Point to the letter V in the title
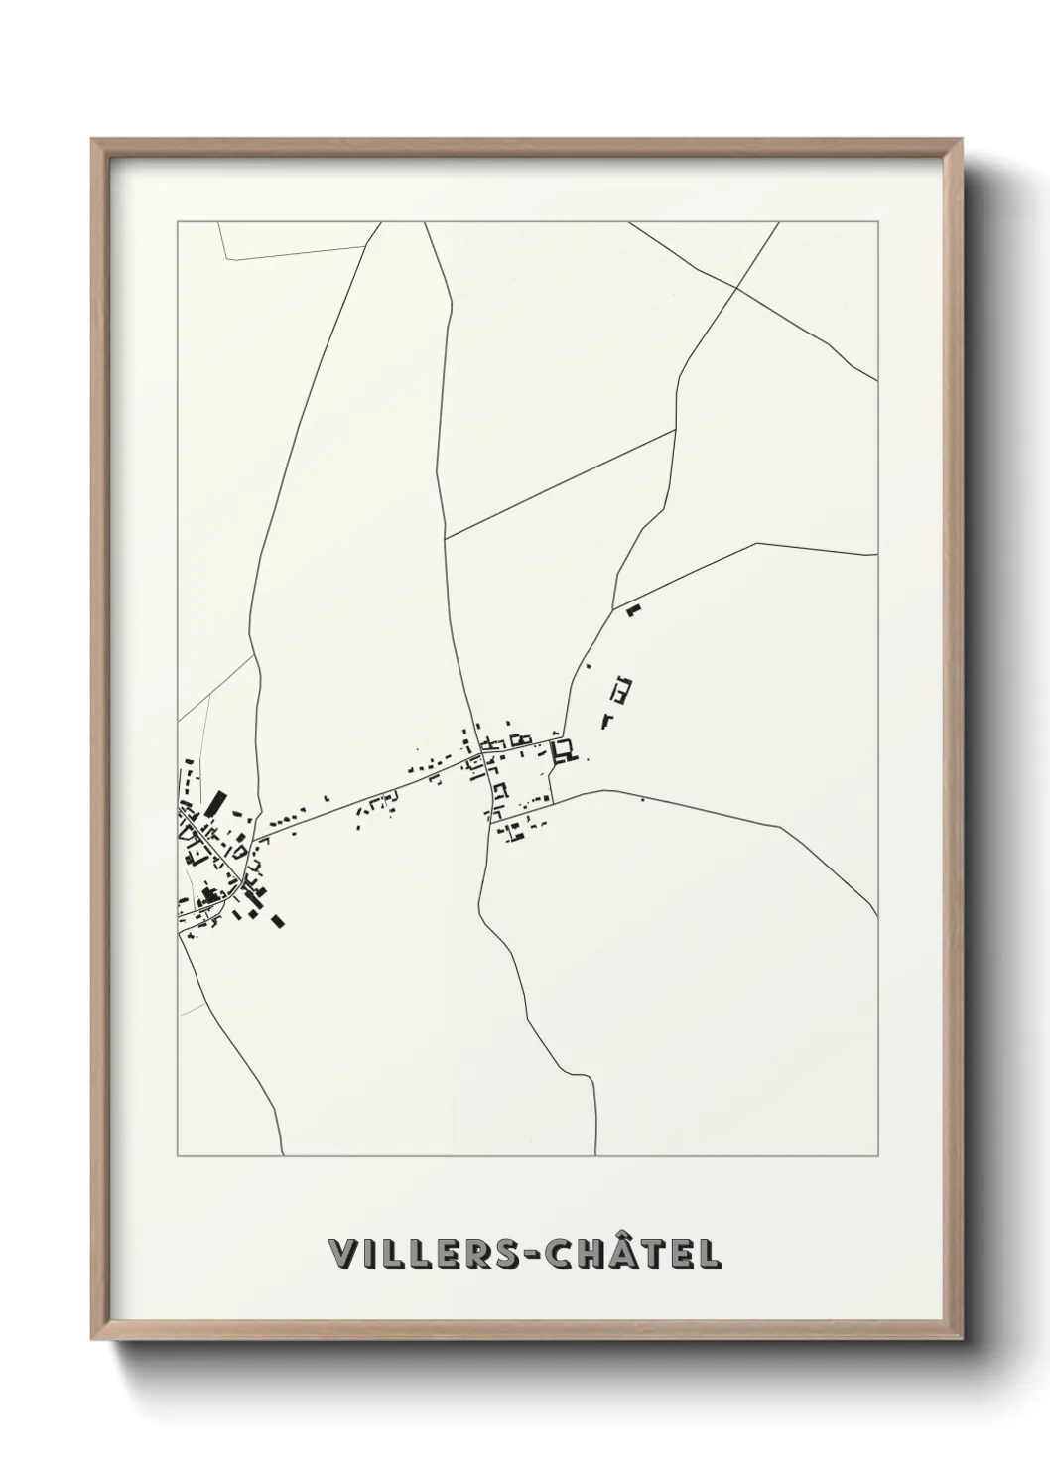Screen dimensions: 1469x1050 pyautogui.click(x=342, y=1254)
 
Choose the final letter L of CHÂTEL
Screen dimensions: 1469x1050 pyautogui.click(x=711, y=1254)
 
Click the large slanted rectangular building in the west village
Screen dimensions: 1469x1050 pyautogui.click(x=213, y=803)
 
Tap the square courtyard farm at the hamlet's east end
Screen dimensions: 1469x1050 pyautogui.click(x=565, y=750)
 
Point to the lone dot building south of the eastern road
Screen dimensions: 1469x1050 pyautogui.click(x=642, y=799)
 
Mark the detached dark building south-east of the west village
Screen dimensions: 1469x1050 pyautogui.click(x=278, y=921)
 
